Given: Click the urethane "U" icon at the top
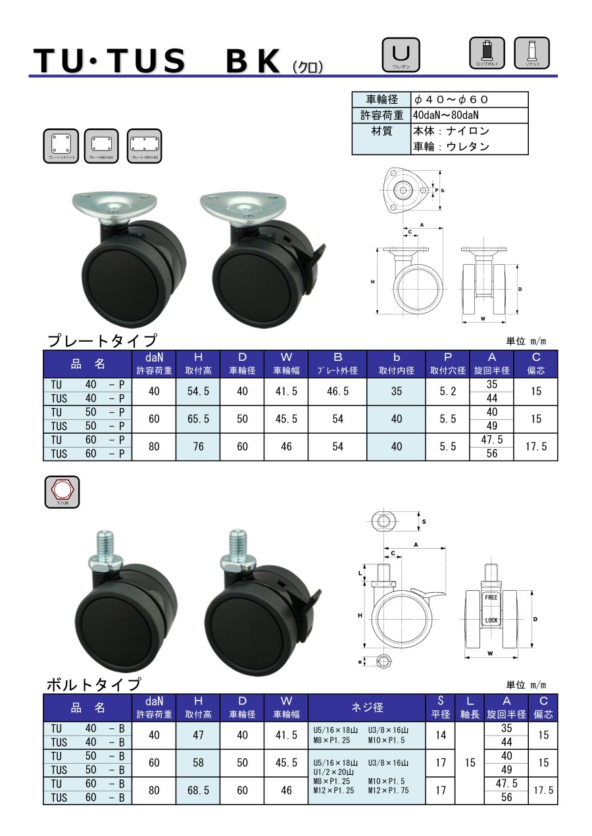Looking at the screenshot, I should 401,54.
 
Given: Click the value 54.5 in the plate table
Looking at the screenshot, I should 198,391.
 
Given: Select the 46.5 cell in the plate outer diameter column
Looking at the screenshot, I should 337,391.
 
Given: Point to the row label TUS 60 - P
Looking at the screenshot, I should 87,453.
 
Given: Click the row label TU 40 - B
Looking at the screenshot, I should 87,728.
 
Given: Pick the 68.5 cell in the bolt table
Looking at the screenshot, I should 198,791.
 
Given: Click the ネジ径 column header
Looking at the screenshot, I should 367,708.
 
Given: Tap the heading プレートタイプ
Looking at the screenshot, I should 102,340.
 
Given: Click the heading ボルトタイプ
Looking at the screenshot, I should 93,685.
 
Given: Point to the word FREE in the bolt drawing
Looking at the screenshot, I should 491,598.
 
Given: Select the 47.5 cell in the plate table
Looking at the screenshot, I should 491,440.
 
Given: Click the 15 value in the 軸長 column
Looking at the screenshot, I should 470,763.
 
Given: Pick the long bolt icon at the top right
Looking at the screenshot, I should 487,54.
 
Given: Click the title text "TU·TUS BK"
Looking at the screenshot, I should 158,61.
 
